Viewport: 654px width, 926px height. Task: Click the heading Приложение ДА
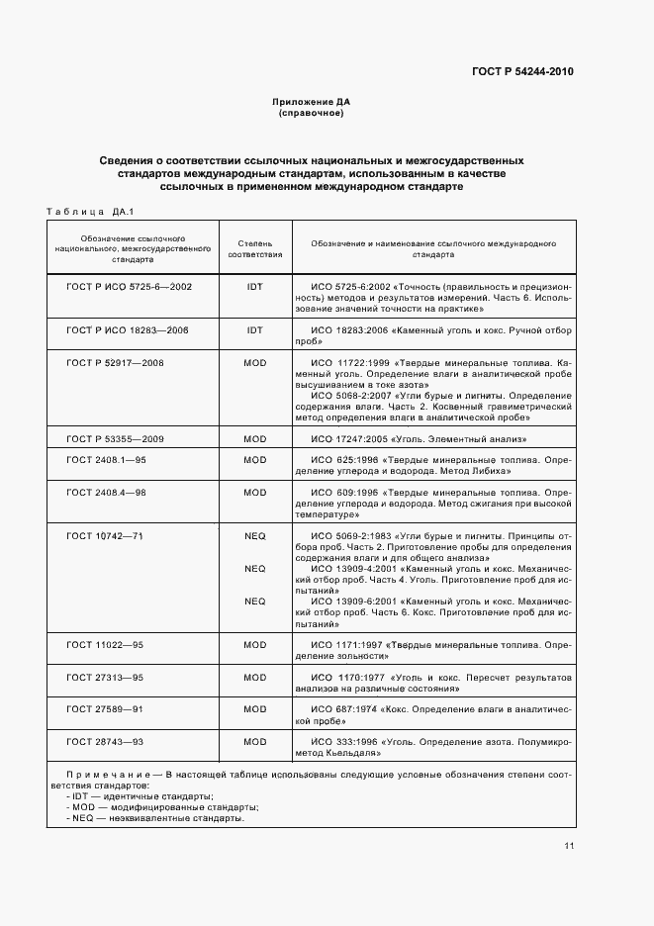pos(312,102)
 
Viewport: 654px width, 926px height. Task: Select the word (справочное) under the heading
pos(312,114)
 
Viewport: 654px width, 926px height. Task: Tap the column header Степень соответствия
pos(255,248)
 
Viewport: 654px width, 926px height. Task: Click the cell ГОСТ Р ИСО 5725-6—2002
pos(129,286)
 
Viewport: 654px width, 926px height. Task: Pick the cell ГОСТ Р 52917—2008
pos(115,363)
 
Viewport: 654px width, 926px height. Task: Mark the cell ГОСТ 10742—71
pos(105,535)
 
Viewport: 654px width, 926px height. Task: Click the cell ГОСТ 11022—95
pos(105,645)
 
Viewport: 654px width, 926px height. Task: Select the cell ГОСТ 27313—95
pos(105,678)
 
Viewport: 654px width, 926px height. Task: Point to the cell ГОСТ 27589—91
pos(105,709)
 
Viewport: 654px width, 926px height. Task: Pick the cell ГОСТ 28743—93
pos(105,741)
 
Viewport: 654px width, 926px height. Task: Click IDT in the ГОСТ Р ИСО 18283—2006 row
pos(255,330)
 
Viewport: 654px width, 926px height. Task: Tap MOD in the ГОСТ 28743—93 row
pos(255,741)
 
